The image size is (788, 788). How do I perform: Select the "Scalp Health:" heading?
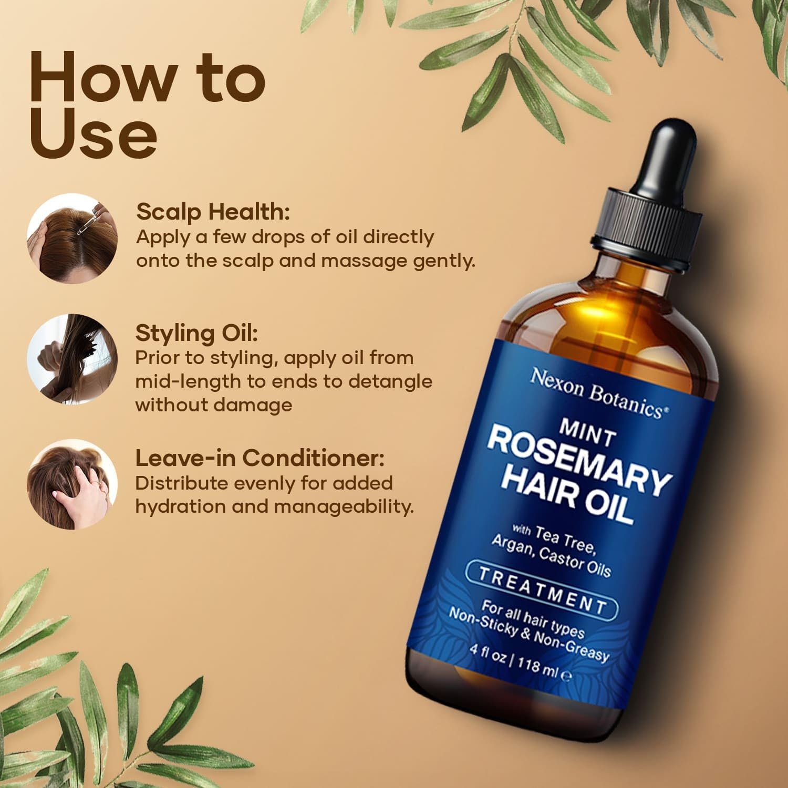(x=213, y=212)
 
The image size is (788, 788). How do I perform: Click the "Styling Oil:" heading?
(x=196, y=333)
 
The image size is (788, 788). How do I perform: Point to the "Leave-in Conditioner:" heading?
(x=260, y=458)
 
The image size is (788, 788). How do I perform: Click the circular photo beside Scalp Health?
(x=72, y=239)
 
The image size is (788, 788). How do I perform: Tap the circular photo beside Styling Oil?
(x=72, y=359)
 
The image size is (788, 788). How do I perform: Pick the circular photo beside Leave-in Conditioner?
(x=72, y=484)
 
